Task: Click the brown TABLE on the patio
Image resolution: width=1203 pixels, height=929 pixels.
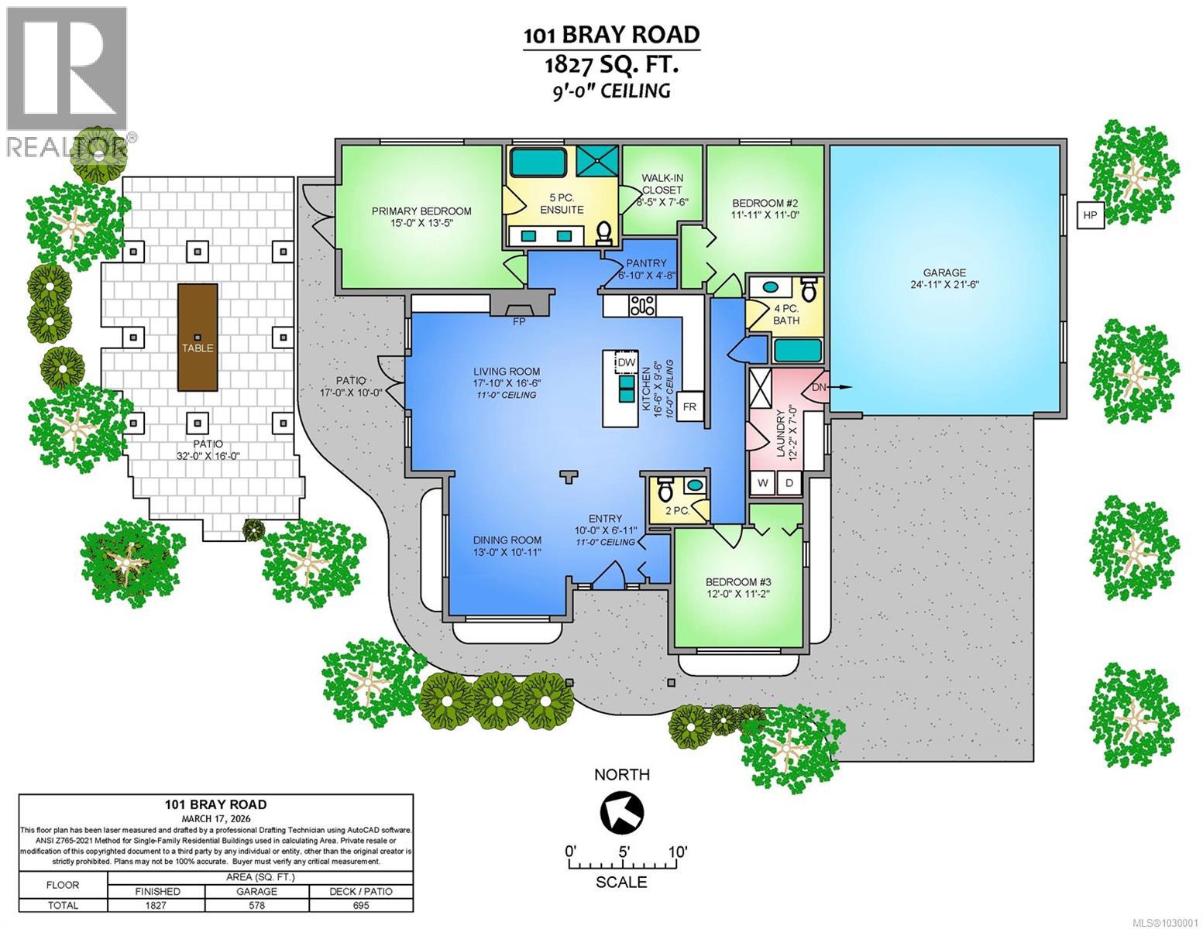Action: tap(198, 338)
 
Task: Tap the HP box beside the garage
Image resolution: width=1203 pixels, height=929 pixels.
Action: tap(1089, 214)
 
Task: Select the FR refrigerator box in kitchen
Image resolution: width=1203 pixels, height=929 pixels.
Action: tap(689, 406)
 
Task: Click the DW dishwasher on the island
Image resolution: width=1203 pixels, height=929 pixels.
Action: tap(626, 362)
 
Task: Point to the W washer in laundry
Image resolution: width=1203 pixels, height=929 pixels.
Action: tap(763, 483)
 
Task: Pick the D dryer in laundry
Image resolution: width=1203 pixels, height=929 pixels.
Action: tap(789, 483)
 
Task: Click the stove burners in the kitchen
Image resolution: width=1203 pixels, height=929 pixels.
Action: tap(643, 306)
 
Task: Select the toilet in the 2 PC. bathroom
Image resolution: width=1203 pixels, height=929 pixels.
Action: tap(665, 489)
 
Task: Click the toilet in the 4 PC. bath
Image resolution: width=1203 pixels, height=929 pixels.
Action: tap(809, 290)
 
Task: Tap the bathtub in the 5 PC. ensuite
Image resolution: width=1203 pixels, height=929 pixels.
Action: tap(538, 163)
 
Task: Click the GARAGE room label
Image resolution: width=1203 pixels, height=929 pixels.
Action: tap(944, 273)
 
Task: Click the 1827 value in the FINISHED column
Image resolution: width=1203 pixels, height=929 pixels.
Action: tap(156, 905)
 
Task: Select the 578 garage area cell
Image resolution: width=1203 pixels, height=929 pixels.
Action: tap(257, 905)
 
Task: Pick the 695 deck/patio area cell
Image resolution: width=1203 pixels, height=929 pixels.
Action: tap(361, 905)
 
